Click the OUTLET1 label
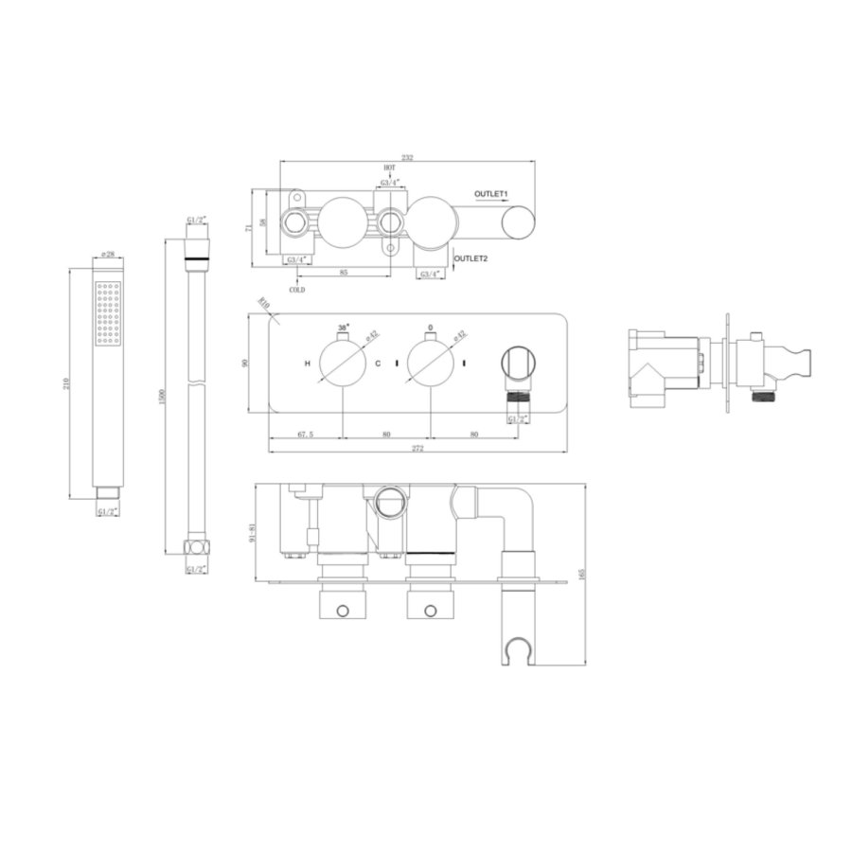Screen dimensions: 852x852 (x=491, y=194)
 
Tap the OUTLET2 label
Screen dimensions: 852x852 (x=471, y=257)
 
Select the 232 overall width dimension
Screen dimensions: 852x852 (x=407, y=157)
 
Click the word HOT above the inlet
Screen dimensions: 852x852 (x=389, y=167)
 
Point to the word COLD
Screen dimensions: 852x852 (x=297, y=290)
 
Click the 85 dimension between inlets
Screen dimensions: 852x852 (x=343, y=273)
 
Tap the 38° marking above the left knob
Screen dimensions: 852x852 (x=342, y=328)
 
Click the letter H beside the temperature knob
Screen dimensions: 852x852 (x=307, y=364)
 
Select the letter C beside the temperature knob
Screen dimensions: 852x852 (x=377, y=364)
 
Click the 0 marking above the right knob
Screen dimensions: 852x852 (x=430, y=328)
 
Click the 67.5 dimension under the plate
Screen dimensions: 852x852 (x=306, y=435)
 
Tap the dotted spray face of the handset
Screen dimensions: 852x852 (x=107, y=313)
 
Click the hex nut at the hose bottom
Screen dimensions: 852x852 (x=196, y=548)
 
